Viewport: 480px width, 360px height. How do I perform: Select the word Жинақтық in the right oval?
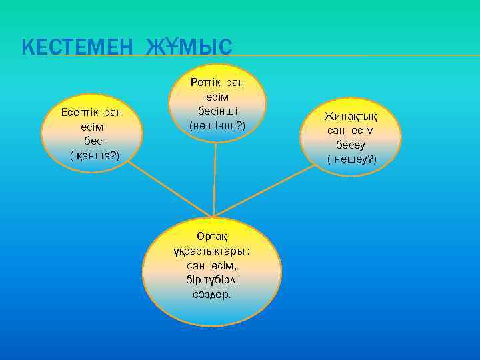pos(352,116)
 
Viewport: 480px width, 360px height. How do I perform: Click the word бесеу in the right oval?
pos(352,145)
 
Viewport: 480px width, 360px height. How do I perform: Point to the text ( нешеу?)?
pos(352,159)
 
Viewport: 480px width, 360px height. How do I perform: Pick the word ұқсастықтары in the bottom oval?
pos(209,251)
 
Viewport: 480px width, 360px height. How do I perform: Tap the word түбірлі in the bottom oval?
pos(225,280)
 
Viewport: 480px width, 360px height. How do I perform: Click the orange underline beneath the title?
pos(353,55)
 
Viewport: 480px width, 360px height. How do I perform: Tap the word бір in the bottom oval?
pos(195,280)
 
